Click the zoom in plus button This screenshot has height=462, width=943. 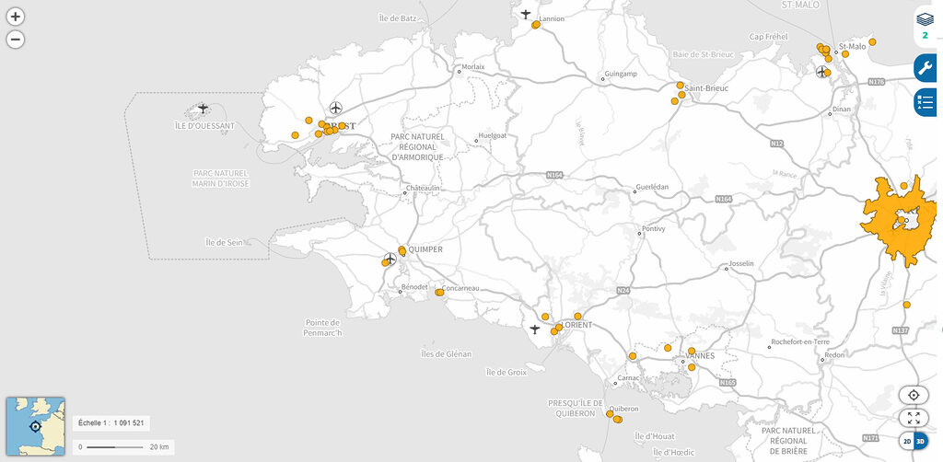click(16, 17)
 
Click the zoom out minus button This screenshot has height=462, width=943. click(16, 40)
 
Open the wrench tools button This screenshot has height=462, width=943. click(925, 68)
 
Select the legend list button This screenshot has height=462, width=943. click(925, 101)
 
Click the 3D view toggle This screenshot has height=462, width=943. click(919, 442)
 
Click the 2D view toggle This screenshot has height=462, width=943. click(907, 442)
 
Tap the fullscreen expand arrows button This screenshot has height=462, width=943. click(914, 418)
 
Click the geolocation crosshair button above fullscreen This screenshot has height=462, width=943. click(914, 395)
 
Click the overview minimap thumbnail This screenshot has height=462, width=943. click(36, 425)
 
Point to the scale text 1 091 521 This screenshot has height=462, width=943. click(111, 423)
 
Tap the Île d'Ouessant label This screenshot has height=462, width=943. click(204, 125)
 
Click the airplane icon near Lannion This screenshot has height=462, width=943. click(526, 14)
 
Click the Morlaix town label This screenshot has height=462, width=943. click(472, 66)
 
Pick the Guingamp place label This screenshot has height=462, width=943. click(621, 74)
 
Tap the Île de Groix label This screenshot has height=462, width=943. click(506, 372)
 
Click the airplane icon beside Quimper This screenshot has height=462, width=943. click(390, 258)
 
